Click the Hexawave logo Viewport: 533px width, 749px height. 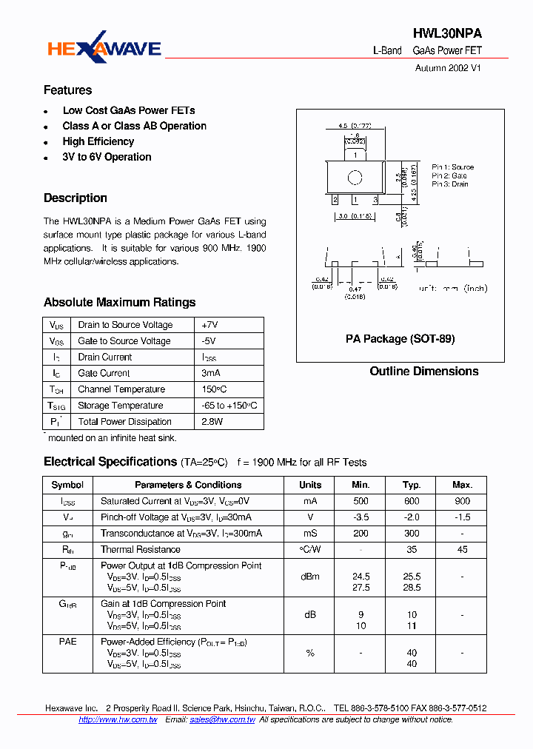[x=104, y=48]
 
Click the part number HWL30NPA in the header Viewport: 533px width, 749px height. [x=447, y=34]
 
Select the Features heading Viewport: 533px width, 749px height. [x=67, y=90]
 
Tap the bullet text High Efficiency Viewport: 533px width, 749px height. [x=98, y=141]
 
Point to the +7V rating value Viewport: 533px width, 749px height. [x=209, y=325]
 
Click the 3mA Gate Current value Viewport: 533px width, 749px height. [x=211, y=373]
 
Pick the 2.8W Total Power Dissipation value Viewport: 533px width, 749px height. [x=212, y=422]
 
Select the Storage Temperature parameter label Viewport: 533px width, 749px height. [x=120, y=406]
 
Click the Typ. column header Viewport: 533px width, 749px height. [x=412, y=485]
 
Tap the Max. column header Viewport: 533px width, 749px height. [x=462, y=485]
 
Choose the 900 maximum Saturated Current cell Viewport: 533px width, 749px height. [x=462, y=501]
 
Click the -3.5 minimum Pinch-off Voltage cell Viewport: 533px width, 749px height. [x=361, y=517]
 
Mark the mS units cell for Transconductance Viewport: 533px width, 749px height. [x=310, y=534]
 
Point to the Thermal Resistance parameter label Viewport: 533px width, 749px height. [x=141, y=550]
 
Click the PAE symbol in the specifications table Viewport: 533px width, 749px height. [x=67, y=642]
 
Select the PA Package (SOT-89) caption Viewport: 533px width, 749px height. [x=400, y=339]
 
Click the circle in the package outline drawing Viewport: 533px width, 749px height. [x=355, y=178]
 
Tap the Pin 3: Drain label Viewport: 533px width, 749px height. [x=450, y=184]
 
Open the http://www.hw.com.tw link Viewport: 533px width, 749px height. [x=118, y=719]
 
